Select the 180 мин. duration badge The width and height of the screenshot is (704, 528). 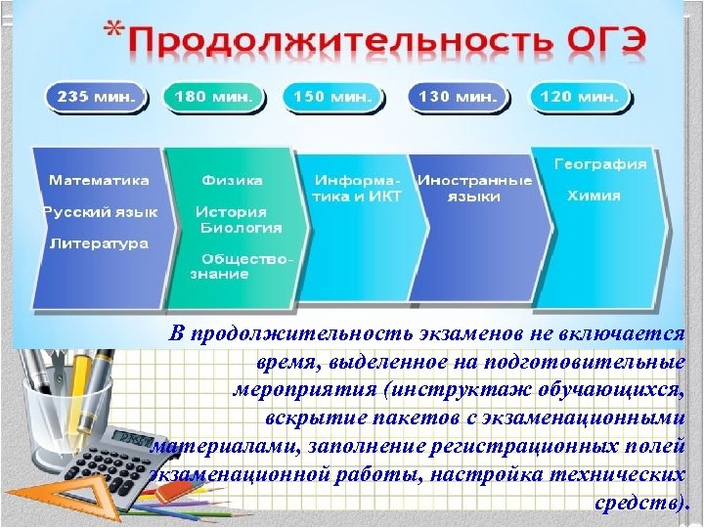point(212,97)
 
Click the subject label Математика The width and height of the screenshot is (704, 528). point(100,180)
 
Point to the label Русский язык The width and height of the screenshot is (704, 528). point(100,211)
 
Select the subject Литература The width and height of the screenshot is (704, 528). point(99,242)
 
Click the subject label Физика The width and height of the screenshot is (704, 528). point(232,180)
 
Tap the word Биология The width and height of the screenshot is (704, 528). point(241,227)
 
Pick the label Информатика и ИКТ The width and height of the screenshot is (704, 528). point(357,189)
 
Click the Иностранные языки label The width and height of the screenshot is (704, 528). point(474,189)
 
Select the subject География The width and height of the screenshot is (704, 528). point(600,164)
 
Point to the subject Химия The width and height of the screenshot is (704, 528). point(594,196)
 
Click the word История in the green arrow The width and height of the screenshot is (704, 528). point(231,211)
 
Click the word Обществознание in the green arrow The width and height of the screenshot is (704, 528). point(244,266)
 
